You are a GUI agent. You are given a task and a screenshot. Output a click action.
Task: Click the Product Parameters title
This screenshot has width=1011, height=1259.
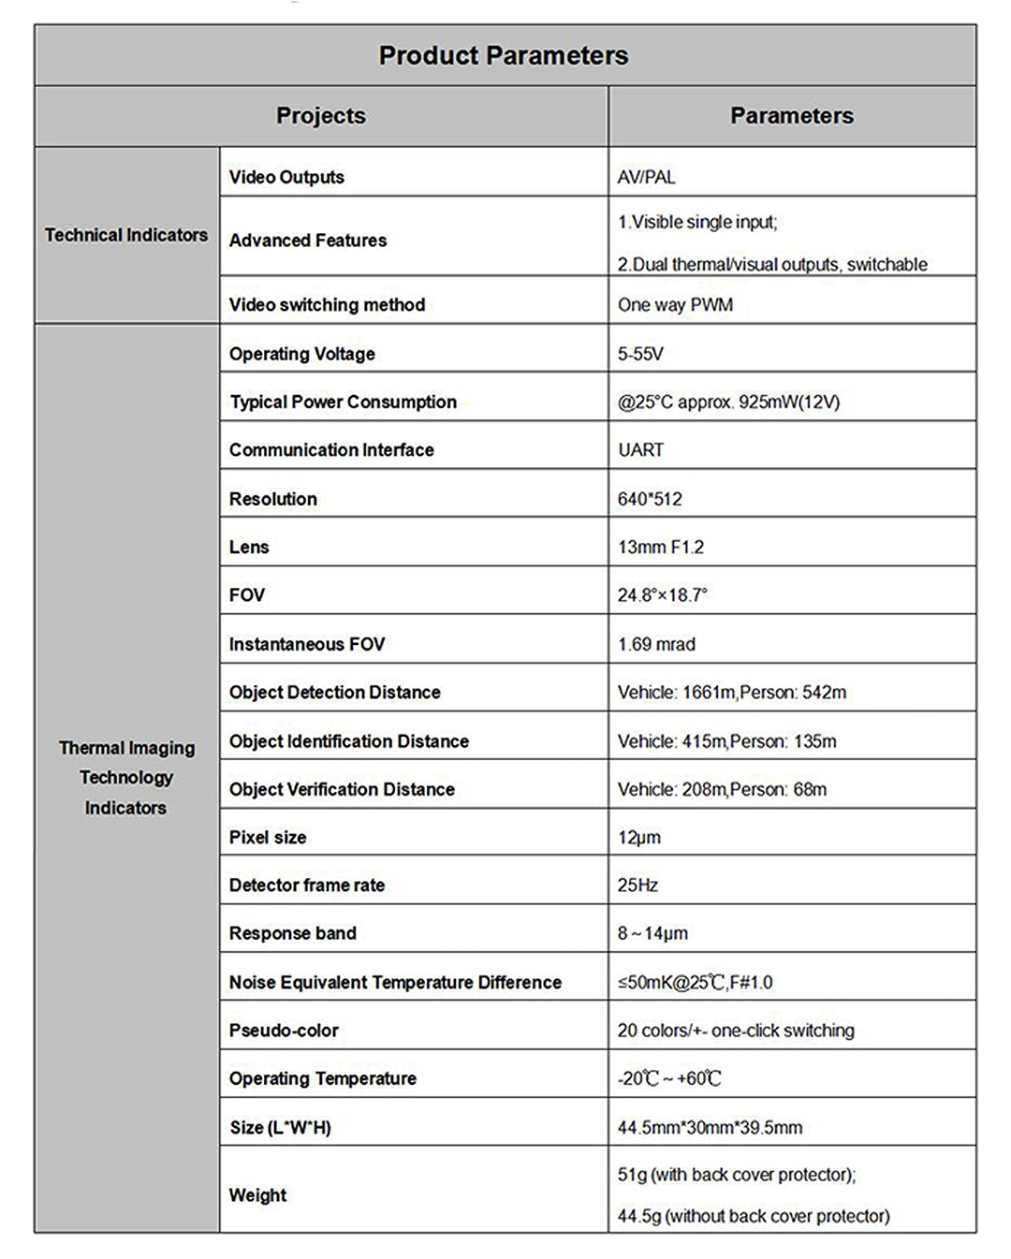point(504,56)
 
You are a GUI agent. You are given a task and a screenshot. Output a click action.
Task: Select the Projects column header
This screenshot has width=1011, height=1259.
point(321,116)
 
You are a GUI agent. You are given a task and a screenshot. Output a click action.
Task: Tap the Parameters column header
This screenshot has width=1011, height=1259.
point(791,116)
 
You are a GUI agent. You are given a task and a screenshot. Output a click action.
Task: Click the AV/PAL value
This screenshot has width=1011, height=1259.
point(646,178)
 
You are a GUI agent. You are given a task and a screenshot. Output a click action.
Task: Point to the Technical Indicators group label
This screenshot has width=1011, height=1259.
point(126,235)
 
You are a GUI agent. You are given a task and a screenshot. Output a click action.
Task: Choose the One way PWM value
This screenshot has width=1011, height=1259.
point(675,305)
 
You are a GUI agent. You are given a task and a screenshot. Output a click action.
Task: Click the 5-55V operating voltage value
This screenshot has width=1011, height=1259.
point(640,354)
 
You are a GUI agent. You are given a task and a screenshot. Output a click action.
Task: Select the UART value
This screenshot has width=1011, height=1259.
point(640,450)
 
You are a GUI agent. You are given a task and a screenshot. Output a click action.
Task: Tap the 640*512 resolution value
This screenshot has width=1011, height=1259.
point(650,499)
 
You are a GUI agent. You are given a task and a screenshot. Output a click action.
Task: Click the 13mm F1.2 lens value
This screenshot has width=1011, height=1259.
point(661,548)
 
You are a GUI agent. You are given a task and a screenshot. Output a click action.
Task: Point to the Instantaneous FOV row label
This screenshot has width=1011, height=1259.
point(307,644)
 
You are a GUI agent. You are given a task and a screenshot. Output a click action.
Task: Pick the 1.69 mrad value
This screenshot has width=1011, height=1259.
point(656,644)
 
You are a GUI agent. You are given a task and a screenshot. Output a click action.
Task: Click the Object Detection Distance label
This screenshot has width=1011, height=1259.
point(334,693)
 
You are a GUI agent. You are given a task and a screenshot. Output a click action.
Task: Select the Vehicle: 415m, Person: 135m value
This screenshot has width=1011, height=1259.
point(726,741)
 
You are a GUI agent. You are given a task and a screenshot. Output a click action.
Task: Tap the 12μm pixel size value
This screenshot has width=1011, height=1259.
point(638,838)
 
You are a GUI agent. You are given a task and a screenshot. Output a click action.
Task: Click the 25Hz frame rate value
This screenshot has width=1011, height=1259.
point(637,886)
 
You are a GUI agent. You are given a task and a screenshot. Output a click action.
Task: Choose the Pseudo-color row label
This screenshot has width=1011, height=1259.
point(284,1031)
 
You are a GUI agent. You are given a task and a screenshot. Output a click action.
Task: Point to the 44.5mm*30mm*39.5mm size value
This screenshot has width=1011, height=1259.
point(710,1128)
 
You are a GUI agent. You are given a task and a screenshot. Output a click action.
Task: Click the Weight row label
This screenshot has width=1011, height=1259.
point(257,1195)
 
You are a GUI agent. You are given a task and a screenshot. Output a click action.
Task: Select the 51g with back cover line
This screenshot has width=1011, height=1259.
point(737,1175)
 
